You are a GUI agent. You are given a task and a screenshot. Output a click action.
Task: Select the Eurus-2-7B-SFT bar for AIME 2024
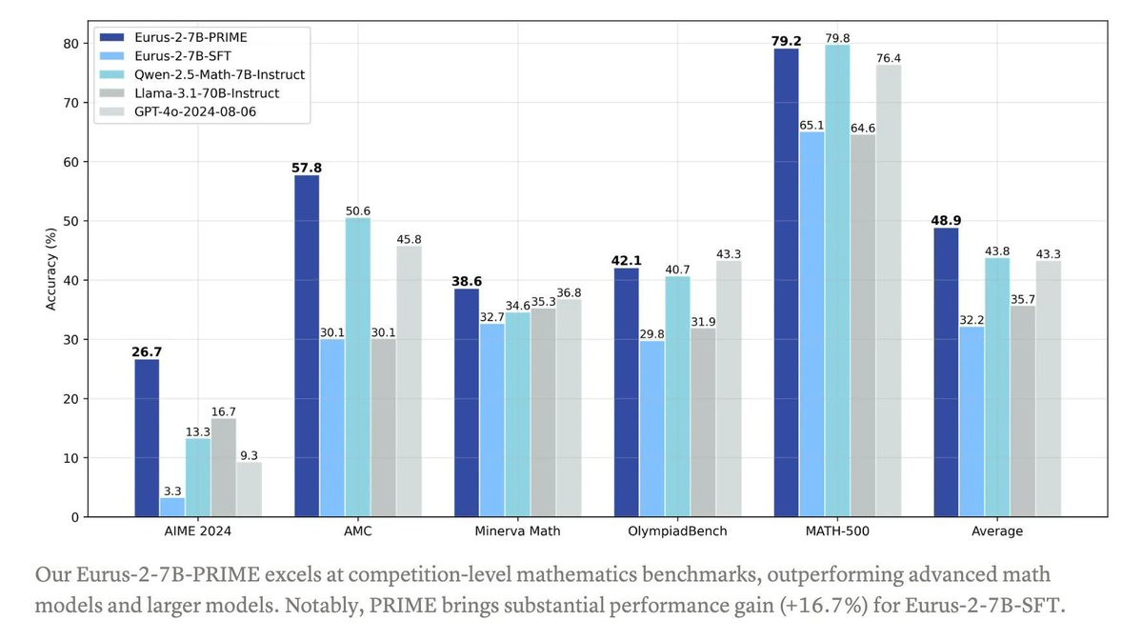[x=172, y=508]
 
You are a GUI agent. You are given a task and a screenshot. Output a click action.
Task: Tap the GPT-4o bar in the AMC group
[x=409, y=381]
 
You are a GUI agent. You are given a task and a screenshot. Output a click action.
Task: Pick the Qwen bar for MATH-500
[x=837, y=281]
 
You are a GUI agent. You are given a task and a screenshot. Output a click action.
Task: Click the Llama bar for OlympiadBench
[x=703, y=423]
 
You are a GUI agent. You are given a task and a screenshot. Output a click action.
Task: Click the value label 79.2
[x=786, y=41]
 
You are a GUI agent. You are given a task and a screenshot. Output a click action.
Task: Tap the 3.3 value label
[x=172, y=490]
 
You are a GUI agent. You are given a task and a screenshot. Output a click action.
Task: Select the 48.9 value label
[x=946, y=220]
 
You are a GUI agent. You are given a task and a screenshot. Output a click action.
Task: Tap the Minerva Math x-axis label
[x=517, y=531]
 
